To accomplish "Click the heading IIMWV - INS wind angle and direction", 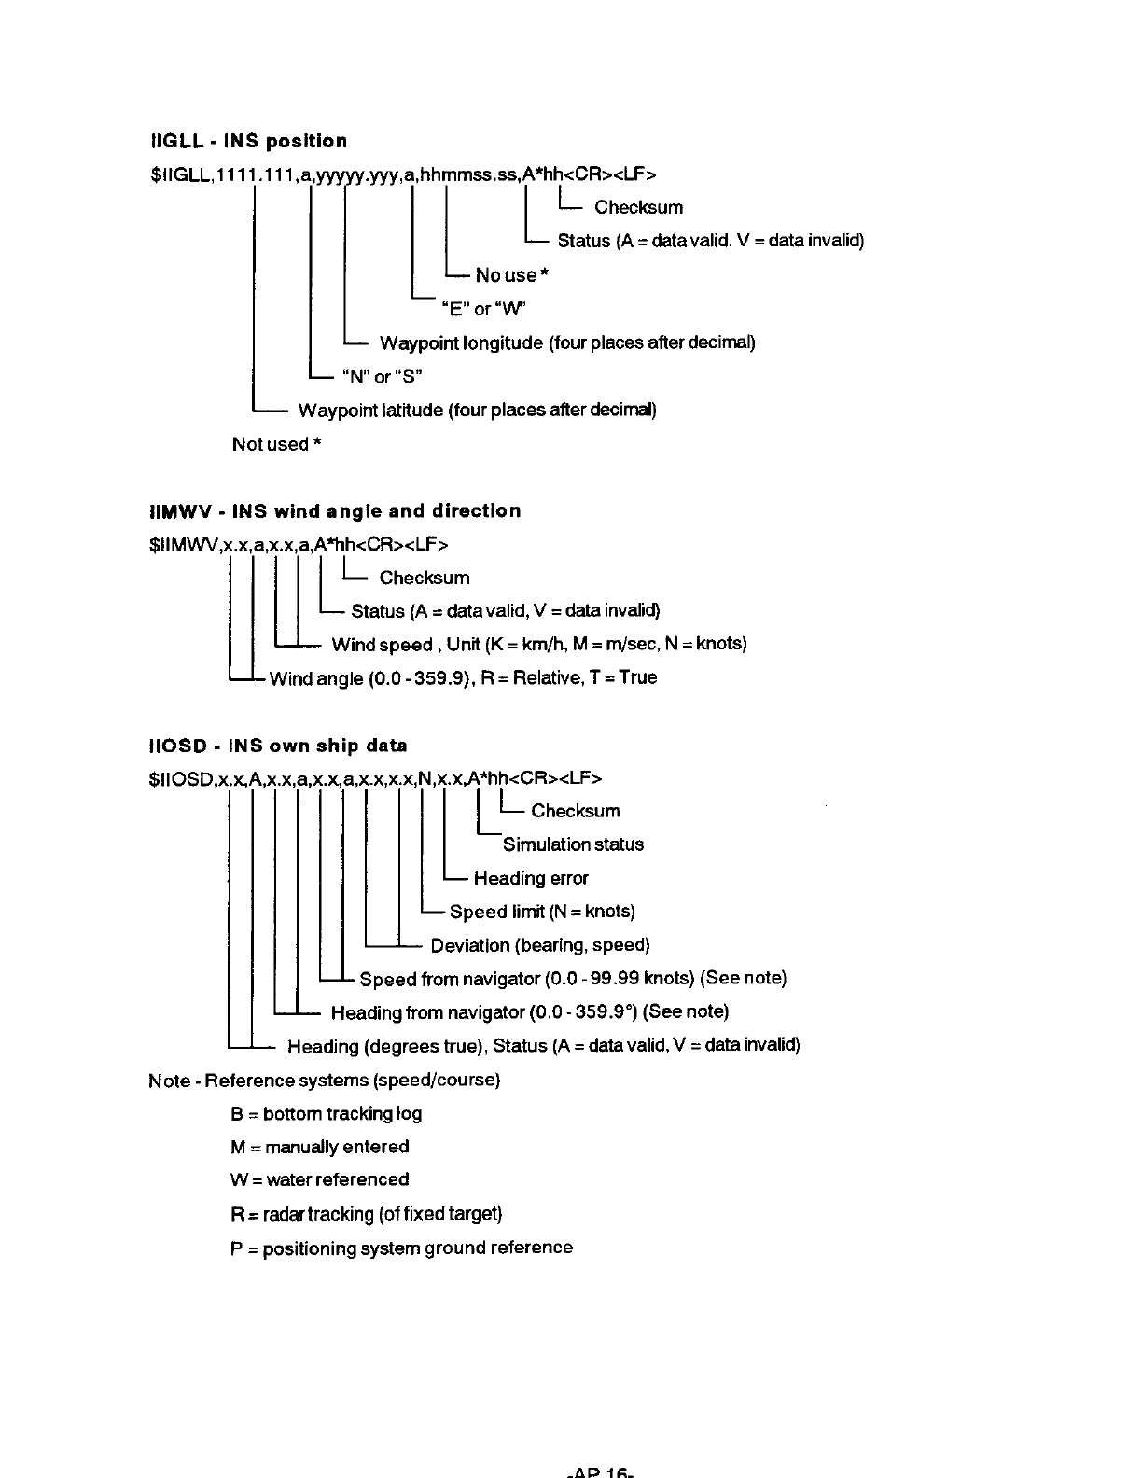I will pos(335,511).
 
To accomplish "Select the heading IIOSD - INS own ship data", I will pos(278,746).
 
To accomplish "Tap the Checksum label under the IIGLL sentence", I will pos(638,207).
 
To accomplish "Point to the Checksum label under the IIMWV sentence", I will pos(425,578).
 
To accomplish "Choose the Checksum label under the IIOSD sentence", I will pos(575,811).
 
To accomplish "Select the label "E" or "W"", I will pos(487,309).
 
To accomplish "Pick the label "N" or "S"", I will pos(383,377).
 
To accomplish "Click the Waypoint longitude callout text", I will pos(566,343).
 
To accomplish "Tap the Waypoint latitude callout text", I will pos(477,411).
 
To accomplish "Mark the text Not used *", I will pos(277,444).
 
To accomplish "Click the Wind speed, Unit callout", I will pos(538,645).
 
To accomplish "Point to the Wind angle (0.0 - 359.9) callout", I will pos(462,678).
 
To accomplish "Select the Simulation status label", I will pos(573,844).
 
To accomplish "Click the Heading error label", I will pos(531,878).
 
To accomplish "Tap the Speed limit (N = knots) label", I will pos(542,912).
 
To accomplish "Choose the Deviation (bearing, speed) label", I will pos(539,945).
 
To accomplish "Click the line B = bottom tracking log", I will pos(326,1114).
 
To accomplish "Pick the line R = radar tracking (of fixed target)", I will pos(366,1214).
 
